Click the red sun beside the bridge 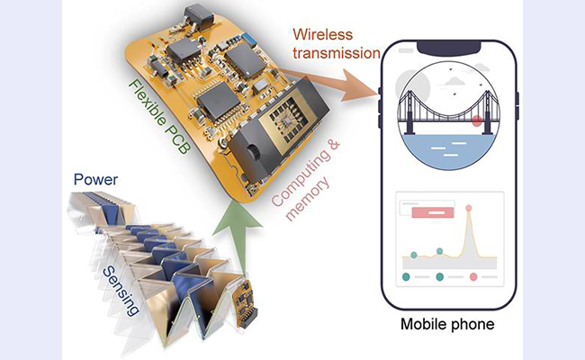coord(477,120)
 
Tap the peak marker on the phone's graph coord(468,209)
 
